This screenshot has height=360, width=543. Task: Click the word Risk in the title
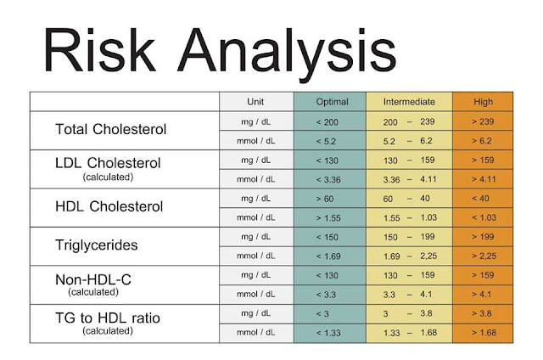coord(99,51)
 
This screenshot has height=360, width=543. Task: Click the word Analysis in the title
coord(287,54)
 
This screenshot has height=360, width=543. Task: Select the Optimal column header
coord(332,102)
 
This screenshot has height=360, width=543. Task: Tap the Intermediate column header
coord(409,102)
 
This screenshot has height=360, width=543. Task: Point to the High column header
coord(483,102)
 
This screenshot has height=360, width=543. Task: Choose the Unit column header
coord(255,102)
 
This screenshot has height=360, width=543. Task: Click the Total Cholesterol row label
coord(111,130)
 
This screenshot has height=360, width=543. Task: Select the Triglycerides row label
coord(96,245)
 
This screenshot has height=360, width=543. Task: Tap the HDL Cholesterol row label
coord(109,206)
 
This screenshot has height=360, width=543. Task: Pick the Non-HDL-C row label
coord(93,279)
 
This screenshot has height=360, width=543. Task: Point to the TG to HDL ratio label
coord(108,318)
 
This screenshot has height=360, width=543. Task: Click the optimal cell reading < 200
coord(327,122)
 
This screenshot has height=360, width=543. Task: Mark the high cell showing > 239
coord(483,122)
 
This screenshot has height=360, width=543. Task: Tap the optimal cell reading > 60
coord(324,199)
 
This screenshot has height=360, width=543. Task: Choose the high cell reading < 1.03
coord(484,217)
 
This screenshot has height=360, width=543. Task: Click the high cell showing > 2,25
coord(484,256)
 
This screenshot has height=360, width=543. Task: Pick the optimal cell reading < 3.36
coord(328,180)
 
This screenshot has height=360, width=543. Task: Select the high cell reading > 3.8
coord(481,313)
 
